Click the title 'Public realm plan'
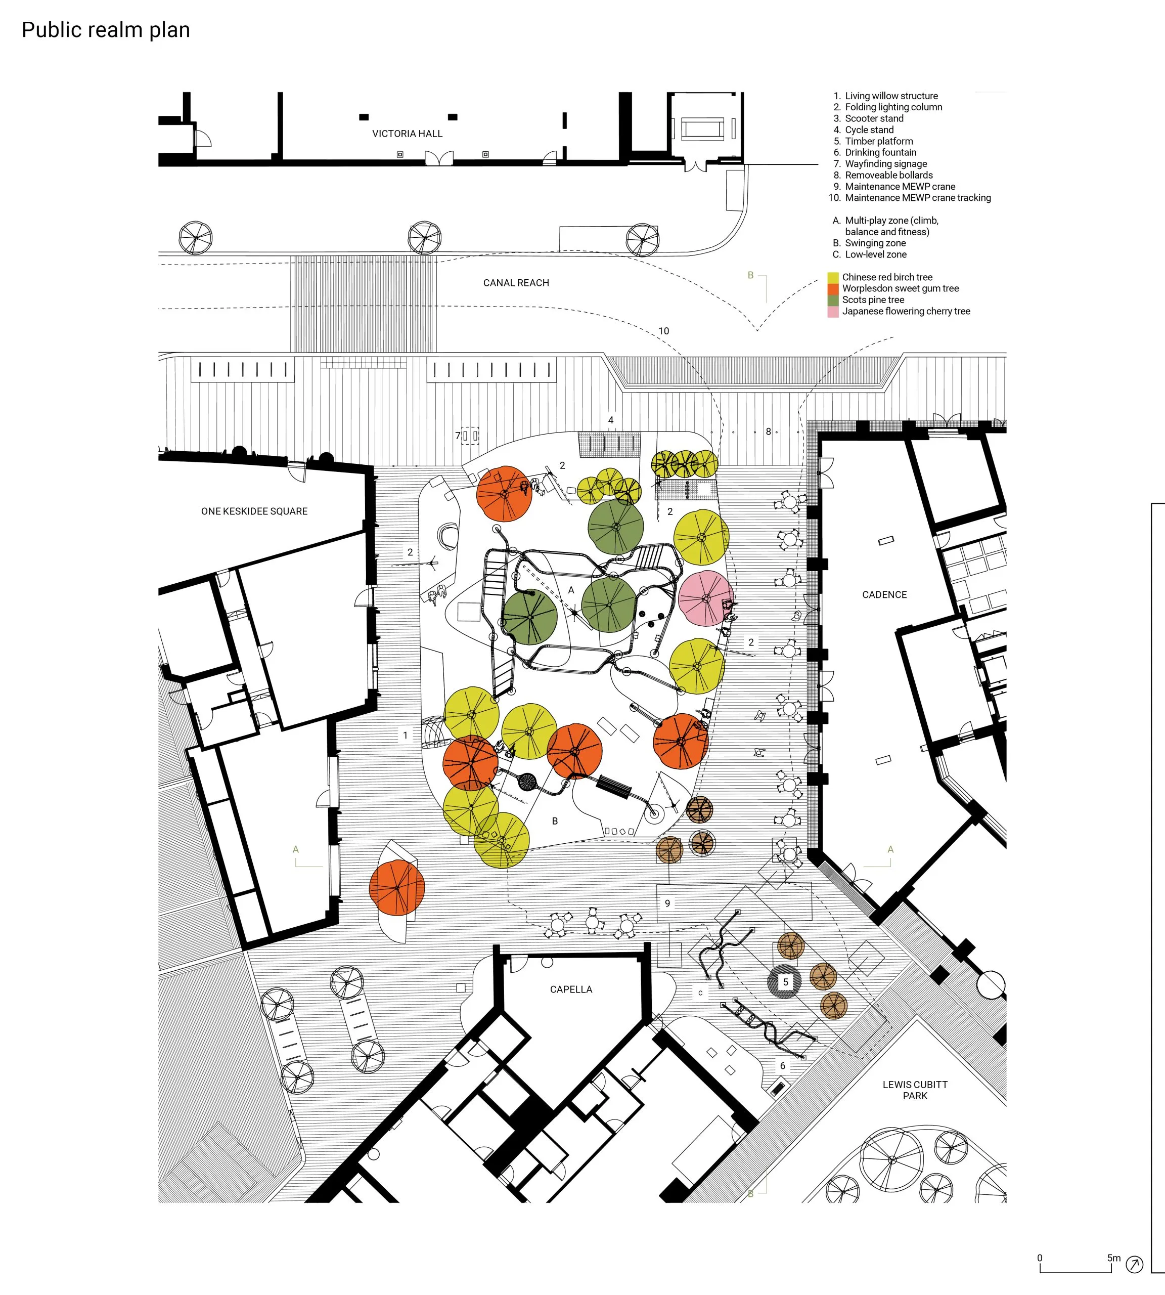point(106,30)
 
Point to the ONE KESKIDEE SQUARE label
point(254,511)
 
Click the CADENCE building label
point(884,594)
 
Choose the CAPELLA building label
point(571,989)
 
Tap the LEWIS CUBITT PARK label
point(915,1090)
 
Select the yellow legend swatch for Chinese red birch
point(833,277)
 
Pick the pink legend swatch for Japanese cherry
point(833,312)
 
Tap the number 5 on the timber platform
point(785,982)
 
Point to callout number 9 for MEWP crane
point(667,903)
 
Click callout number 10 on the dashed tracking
point(664,331)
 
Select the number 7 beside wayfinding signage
point(458,436)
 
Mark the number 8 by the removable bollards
point(768,431)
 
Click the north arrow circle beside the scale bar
point(1134,1264)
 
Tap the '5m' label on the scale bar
point(1114,1258)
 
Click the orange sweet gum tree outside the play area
point(397,887)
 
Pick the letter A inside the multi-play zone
point(571,590)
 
